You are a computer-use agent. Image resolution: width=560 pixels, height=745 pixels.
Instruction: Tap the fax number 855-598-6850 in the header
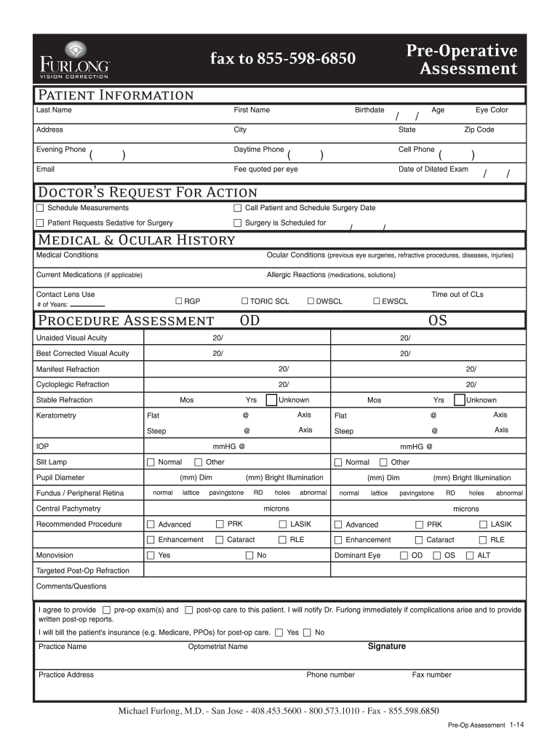[283, 58]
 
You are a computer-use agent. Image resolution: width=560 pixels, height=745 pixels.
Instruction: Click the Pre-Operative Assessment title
[461, 60]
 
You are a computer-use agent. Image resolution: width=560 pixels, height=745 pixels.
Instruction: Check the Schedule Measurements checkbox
[41, 208]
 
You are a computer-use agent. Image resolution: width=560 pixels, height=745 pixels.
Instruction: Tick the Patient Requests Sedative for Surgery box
[41, 223]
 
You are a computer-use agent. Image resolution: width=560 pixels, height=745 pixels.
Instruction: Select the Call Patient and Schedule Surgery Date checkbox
[237, 208]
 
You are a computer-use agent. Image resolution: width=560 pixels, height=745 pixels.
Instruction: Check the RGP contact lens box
[178, 300]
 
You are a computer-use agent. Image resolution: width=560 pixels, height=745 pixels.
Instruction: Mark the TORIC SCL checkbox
[244, 300]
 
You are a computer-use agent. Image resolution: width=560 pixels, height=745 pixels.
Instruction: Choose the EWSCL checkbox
[377, 300]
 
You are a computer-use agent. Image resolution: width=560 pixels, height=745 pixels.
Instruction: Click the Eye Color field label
[492, 110]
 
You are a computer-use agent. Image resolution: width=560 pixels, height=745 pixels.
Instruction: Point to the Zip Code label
[479, 130]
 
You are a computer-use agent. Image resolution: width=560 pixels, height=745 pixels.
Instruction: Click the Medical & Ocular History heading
[136, 240]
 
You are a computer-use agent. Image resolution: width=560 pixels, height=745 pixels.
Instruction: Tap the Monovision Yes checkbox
[151, 556]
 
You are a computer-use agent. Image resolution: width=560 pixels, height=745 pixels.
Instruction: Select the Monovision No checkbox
[250, 556]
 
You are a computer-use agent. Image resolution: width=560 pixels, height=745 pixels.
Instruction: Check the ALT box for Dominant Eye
[470, 556]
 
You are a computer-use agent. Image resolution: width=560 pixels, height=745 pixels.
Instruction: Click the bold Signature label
[387, 646]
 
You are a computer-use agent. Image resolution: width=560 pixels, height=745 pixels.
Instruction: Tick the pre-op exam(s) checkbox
[107, 610]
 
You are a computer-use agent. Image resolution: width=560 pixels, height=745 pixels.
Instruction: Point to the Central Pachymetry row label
[68, 509]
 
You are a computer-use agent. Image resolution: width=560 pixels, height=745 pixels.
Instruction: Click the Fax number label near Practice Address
[431, 674]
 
